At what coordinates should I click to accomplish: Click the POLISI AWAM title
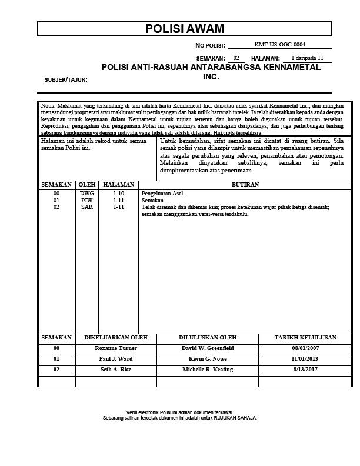point(184,29)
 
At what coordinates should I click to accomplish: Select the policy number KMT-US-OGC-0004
point(279,45)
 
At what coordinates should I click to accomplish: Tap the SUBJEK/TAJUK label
point(66,79)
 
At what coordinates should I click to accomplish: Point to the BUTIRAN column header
point(246,185)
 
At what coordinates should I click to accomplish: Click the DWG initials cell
point(86,193)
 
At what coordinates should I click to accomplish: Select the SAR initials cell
point(86,207)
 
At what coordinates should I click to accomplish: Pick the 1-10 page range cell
point(119,193)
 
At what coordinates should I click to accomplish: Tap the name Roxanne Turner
point(116,348)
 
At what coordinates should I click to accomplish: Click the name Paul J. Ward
point(116,359)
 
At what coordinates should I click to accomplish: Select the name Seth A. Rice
point(116,370)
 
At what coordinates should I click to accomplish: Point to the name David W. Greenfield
point(208,348)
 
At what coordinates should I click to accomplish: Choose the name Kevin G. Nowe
point(208,359)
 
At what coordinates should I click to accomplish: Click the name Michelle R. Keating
point(208,370)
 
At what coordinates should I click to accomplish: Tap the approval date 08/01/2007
point(305,348)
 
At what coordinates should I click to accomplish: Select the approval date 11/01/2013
point(305,359)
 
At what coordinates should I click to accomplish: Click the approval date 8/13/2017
point(305,370)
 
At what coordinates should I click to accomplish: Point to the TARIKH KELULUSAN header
point(305,338)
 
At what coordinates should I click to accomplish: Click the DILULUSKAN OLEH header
point(208,338)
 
